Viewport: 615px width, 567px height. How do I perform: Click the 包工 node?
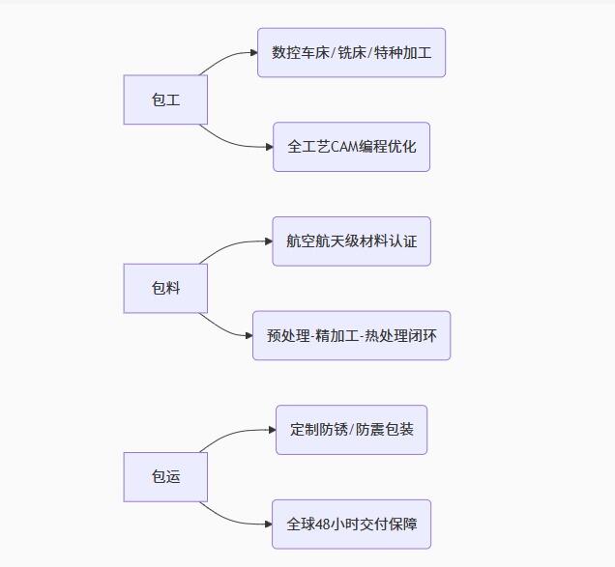coord(165,99)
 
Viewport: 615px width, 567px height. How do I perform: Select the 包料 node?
coord(165,288)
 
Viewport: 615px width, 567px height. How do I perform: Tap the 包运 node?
coord(165,476)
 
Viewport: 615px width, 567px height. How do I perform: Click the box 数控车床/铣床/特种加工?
coord(351,52)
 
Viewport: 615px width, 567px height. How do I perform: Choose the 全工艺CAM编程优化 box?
coord(351,147)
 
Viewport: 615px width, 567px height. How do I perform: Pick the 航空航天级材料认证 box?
coord(351,241)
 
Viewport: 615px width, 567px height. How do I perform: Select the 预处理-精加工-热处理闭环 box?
coord(351,335)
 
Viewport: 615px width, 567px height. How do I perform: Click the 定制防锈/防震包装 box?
coord(351,429)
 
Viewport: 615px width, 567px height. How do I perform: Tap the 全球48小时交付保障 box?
coord(351,524)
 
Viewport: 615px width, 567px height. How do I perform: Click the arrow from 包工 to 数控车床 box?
coord(229,56)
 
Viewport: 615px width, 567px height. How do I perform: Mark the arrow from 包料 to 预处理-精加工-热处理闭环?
coord(227,328)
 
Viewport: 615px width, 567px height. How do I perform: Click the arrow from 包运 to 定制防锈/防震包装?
coord(236,434)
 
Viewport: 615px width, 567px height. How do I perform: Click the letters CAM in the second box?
coord(344,147)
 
